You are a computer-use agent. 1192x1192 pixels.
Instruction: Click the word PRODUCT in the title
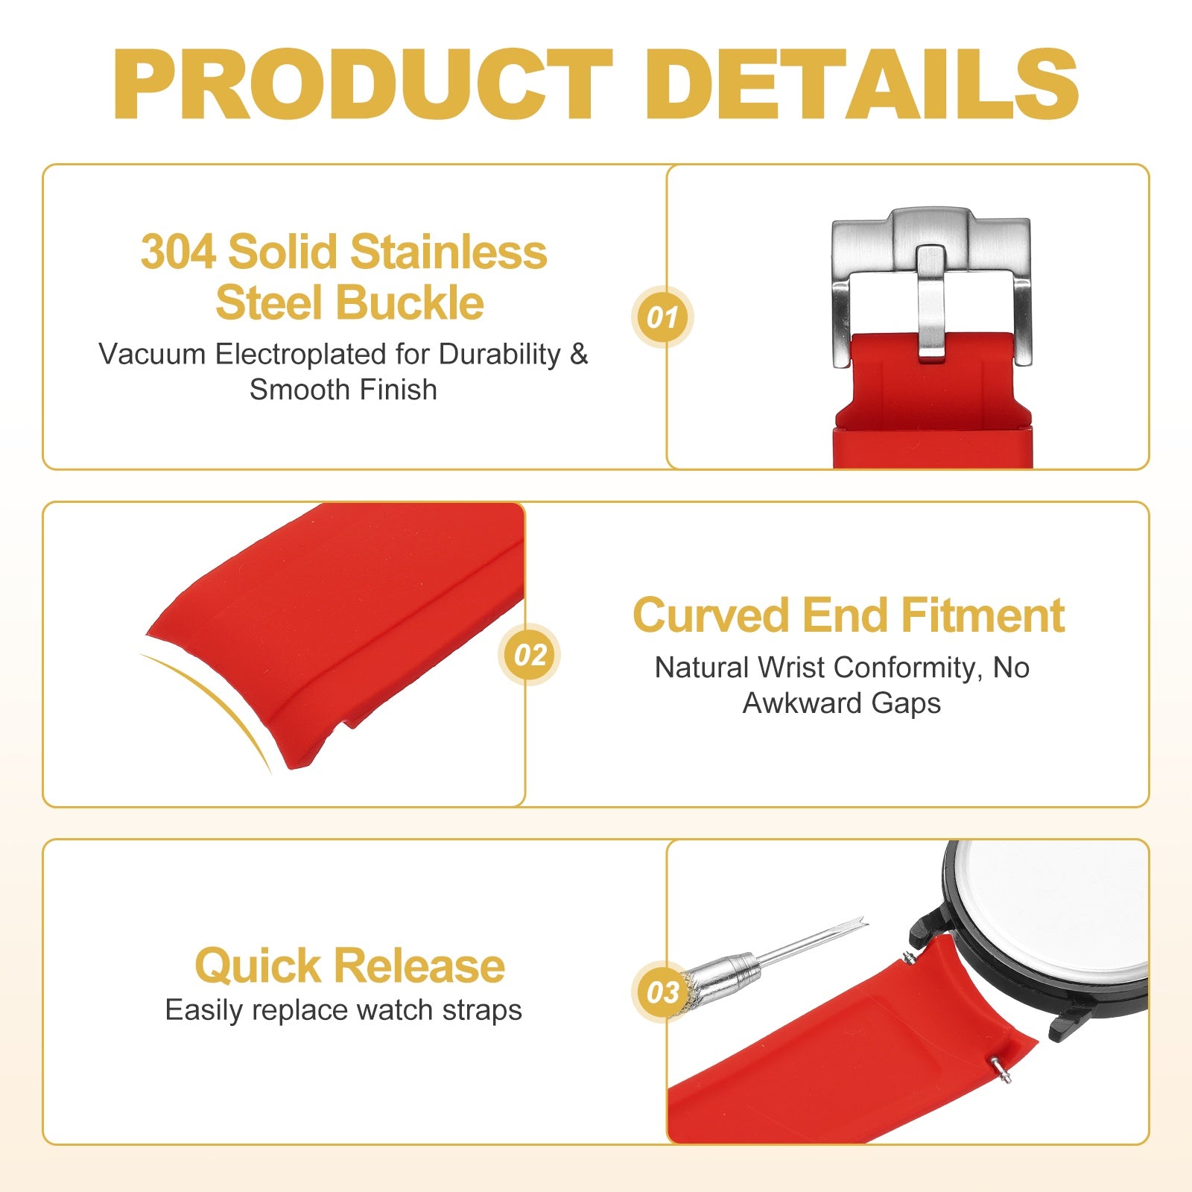[364, 83]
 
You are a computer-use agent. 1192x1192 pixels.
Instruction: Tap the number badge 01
[662, 317]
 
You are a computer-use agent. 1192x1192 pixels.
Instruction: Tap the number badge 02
[530, 655]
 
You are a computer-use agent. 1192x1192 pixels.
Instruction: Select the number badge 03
[662, 992]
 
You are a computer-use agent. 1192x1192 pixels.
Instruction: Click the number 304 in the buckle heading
[178, 252]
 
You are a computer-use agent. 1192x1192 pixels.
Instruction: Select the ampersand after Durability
[579, 354]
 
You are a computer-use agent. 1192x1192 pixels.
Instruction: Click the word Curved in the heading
[711, 615]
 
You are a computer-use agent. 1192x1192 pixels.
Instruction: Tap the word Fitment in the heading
[983, 615]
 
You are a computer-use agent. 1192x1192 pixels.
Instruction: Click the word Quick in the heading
[258, 966]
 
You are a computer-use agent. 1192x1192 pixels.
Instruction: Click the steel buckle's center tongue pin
[931, 303]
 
